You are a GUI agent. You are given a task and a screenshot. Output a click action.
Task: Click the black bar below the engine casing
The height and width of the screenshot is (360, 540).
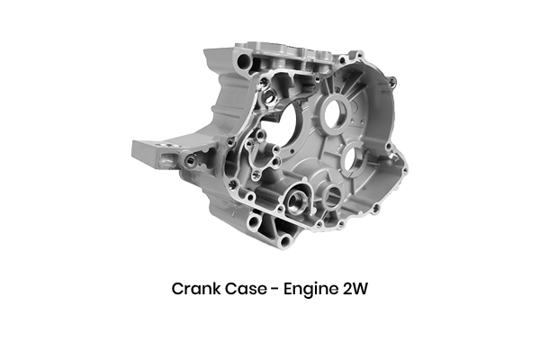click(x=270, y=290)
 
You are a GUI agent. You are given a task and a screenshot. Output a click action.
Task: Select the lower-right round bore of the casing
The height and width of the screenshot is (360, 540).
click(x=352, y=161)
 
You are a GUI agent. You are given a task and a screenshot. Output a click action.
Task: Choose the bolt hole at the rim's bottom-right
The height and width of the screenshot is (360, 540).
click(x=375, y=208)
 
